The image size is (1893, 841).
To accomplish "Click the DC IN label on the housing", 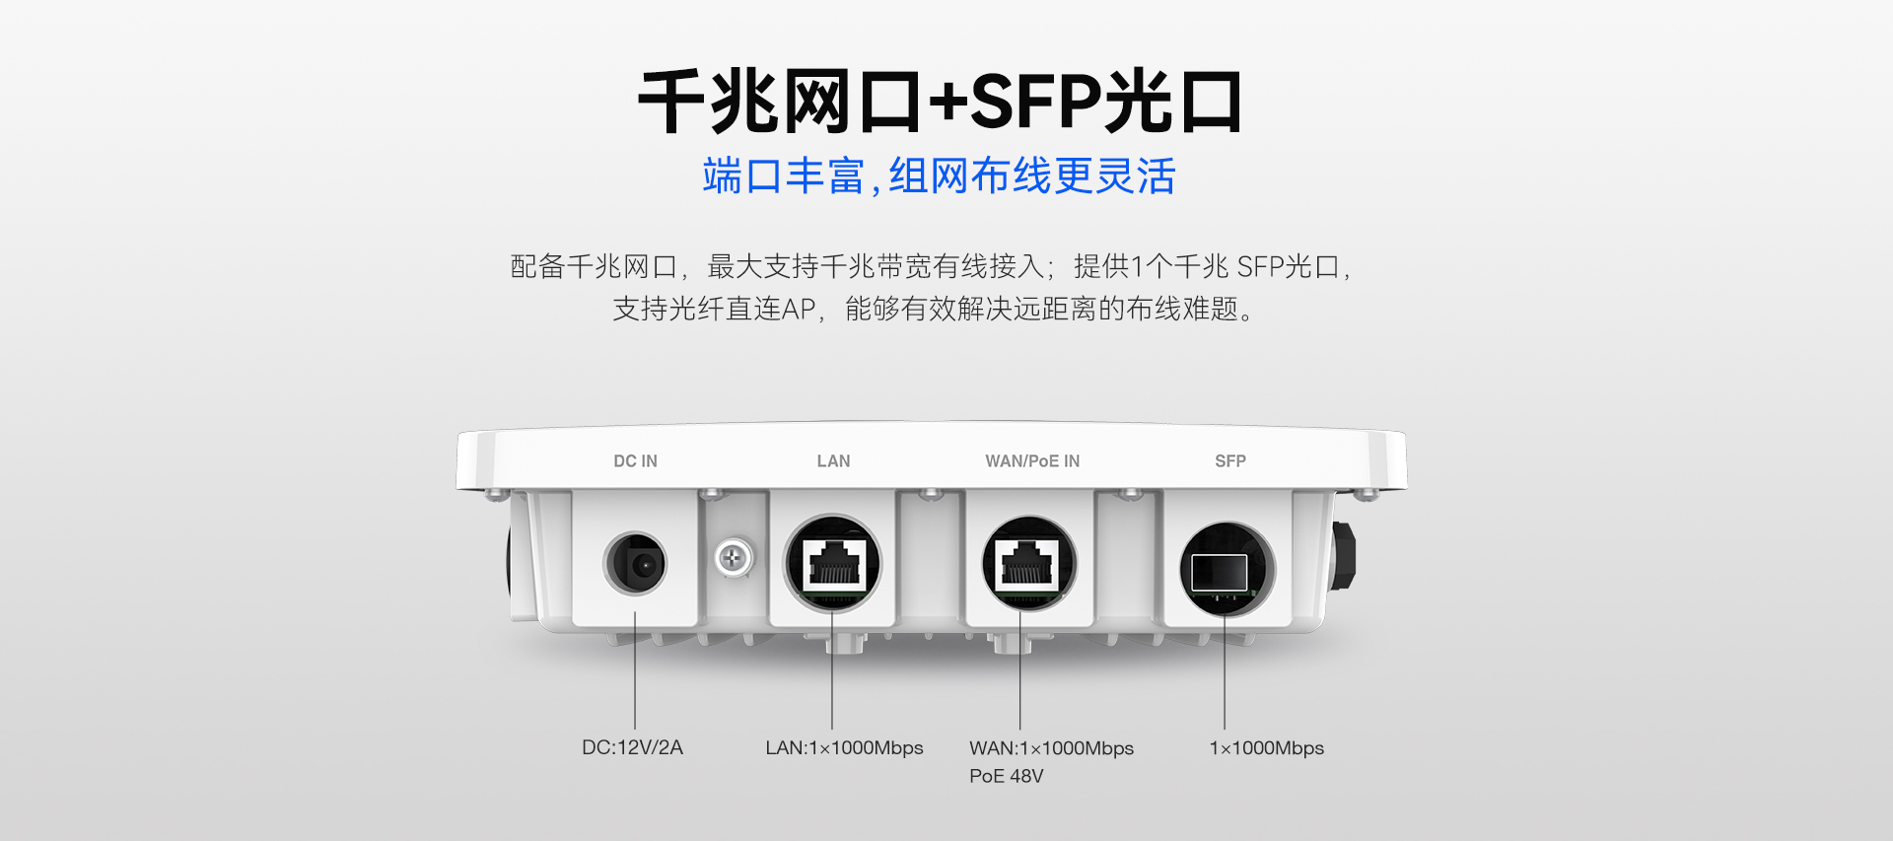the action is [635, 461].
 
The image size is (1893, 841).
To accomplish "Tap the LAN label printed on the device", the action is [833, 461].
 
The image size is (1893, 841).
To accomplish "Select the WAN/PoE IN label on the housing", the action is [1032, 461].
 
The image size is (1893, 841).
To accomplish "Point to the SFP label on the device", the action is [1230, 461].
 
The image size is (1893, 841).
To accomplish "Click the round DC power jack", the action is [635, 564].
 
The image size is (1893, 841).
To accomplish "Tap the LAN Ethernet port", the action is [833, 564].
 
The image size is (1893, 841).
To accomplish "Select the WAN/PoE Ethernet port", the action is [1029, 564].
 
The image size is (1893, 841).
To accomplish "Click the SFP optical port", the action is [1227, 569].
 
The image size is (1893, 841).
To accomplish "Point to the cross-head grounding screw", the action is [733, 558].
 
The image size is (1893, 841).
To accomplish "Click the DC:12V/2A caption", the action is [632, 747].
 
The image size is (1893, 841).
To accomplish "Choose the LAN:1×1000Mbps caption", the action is [844, 747].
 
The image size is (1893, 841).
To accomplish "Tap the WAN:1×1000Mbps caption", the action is [1051, 747].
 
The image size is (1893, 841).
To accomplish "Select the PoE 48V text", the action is [1006, 776].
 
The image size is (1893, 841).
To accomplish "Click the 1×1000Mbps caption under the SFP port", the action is [1266, 747].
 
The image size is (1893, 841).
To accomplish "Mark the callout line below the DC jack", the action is [635, 670].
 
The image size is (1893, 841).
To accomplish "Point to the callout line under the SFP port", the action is [1225, 674].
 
